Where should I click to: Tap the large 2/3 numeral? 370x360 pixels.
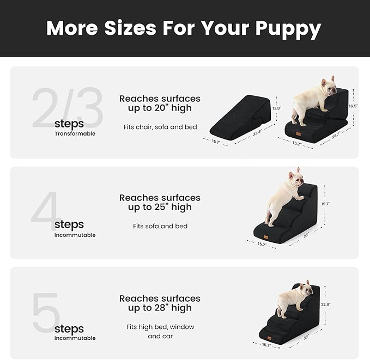[x=66, y=108]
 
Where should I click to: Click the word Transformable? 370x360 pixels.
[x=75, y=133]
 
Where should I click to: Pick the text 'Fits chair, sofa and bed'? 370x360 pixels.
[x=160, y=127]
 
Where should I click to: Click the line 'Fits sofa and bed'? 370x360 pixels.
[x=160, y=226]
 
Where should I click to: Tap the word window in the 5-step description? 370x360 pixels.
[x=183, y=327]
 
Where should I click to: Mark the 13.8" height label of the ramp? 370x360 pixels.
[x=277, y=108]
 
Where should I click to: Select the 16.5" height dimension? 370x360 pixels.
[x=353, y=106]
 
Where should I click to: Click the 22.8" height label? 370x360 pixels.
[x=326, y=304]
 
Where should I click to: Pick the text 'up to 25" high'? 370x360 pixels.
[x=160, y=208]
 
